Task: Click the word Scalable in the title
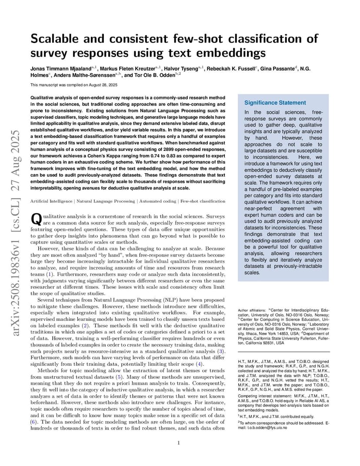(55, 39)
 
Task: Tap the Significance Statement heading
(275, 103)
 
